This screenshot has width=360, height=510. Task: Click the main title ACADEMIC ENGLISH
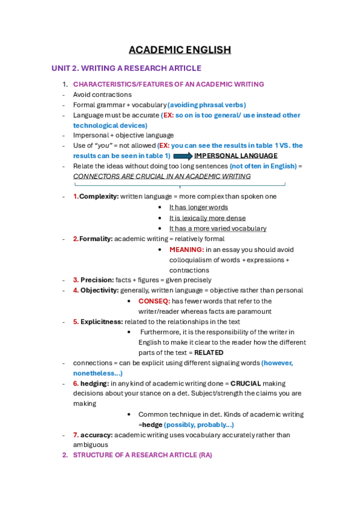180,50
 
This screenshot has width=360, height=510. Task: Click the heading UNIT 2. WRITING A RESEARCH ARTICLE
126,69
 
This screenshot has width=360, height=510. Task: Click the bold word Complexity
99,197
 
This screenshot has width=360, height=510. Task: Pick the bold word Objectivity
99,290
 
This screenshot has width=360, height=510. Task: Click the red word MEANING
186,249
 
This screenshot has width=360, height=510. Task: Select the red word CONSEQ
154,301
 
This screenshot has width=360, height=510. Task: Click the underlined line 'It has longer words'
198,207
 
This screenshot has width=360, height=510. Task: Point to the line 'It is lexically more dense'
207,218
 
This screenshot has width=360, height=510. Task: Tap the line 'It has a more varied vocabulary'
218,229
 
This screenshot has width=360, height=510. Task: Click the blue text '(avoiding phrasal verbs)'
206,105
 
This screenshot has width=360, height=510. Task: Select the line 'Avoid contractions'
102,94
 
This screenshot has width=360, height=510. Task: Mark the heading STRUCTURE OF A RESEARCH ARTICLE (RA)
142,455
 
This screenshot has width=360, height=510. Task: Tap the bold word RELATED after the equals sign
209,352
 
